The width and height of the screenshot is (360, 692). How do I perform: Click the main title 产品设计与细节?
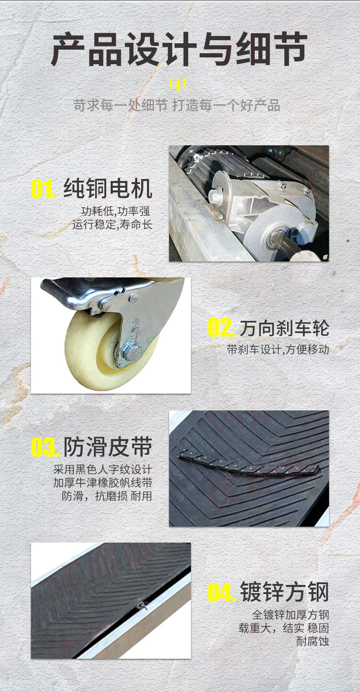pyautogui.click(x=179, y=49)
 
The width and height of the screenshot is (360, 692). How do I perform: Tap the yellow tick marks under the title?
pyautogui.click(x=177, y=84)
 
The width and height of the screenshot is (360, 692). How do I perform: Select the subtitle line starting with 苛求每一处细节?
pyautogui.click(x=177, y=105)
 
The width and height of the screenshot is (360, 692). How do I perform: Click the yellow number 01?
pyautogui.click(x=44, y=189)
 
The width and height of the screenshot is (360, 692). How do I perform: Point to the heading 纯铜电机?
pyautogui.click(x=108, y=188)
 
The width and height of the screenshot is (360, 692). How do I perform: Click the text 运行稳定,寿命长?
pyautogui.click(x=113, y=225)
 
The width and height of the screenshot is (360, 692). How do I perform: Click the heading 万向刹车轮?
pyautogui.click(x=284, y=328)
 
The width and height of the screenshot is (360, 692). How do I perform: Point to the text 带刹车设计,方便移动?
pyautogui.click(x=278, y=350)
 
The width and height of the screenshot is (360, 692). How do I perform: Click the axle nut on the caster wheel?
pyautogui.click(x=130, y=352)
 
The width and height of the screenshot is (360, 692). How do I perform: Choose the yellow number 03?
pyautogui.click(x=45, y=447)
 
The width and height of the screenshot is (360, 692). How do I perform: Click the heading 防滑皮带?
pyautogui.click(x=108, y=447)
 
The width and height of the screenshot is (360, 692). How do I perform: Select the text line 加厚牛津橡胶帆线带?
pyautogui.click(x=103, y=482)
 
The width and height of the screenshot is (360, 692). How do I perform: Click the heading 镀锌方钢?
pyautogui.click(x=284, y=592)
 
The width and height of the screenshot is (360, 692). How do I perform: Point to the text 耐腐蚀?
pyautogui.click(x=313, y=641)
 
